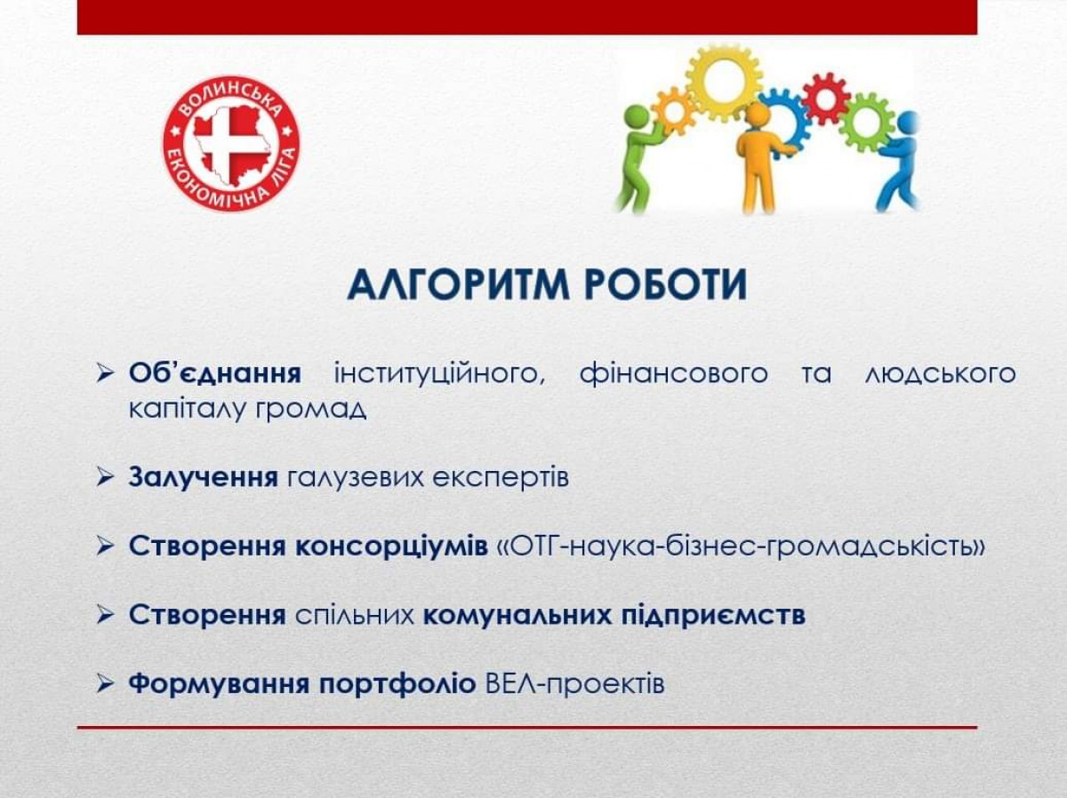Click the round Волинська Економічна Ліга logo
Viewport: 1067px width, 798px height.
[x=231, y=144]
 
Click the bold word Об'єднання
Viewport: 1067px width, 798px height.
[x=215, y=374]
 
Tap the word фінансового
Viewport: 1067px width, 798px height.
[x=673, y=374]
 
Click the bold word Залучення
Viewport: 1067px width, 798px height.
[x=204, y=478]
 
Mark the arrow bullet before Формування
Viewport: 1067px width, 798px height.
[x=105, y=684]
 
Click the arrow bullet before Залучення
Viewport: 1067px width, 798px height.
[x=105, y=478]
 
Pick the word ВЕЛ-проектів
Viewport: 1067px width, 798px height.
[x=575, y=684]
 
